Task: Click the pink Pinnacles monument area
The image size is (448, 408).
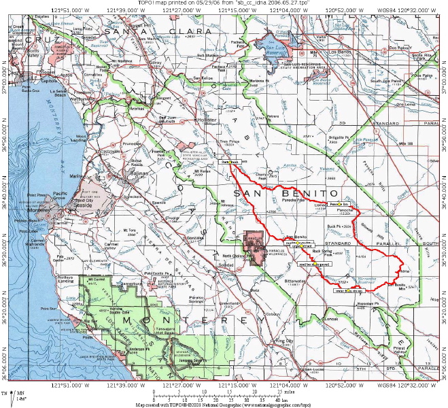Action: point(257,250)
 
